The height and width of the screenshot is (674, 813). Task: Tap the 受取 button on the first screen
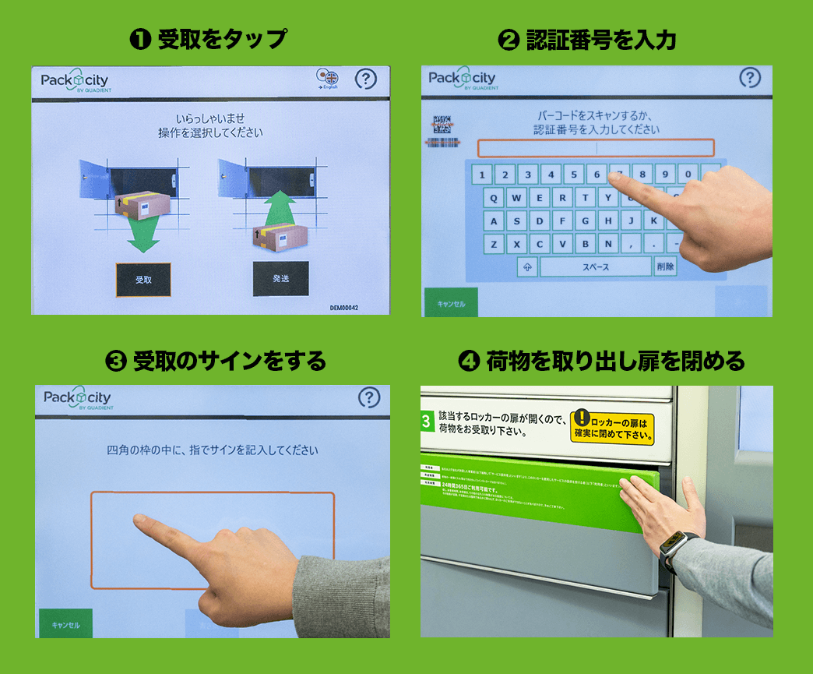pyautogui.click(x=143, y=280)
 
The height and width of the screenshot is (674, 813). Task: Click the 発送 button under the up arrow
pyautogui.click(x=280, y=278)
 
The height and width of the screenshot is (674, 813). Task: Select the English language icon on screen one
pyautogui.click(x=328, y=79)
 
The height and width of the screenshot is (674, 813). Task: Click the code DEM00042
pyautogui.click(x=344, y=308)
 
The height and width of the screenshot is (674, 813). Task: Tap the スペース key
pyautogui.click(x=596, y=266)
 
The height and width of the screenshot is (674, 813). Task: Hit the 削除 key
pyautogui.click(x=665, y=266)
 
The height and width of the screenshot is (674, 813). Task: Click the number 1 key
pyautogui.click(x=482, y=175)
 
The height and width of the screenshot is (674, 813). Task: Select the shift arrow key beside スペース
pyautogui.click(x=528, y=266)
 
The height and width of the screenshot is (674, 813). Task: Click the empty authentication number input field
pyautogui.click(x=596, y=148)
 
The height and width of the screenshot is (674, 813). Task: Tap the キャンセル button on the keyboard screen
pyautogui.click(x=451, y=303)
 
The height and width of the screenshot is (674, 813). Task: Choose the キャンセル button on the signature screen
pyautogui.click(x=65, y=624)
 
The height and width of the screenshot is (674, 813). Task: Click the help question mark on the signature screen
pyautogui.click(x=369, y=397)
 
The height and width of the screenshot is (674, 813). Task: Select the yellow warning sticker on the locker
pyautogui.click(x=612, y=427)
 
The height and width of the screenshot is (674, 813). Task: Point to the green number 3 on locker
pyautogui.click(x=426, y=422)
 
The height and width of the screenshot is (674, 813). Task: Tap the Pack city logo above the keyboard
pyautogui.click(x=462, y=79)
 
